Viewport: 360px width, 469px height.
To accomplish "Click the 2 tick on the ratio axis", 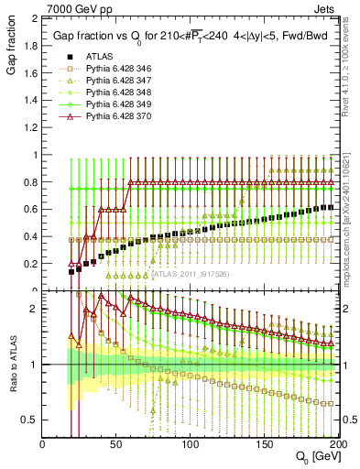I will click(35, 309).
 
